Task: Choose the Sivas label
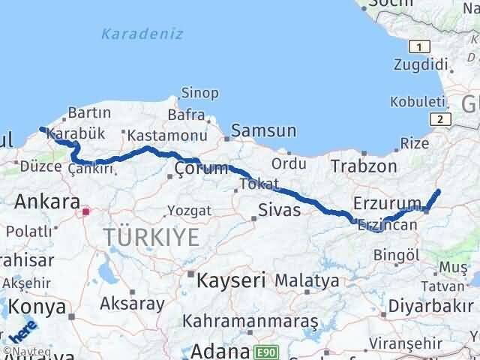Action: pyautogui.click(x=279, y=209)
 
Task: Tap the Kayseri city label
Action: pyautogui.click(x=231, y=281)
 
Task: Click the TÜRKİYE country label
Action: pyautogui.click(x=152, y=237)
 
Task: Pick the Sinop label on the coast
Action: pyautogui.click(x=199, y=93)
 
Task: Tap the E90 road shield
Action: pyautogui.click(x=264, y=351)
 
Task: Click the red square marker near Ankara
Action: pyautogui.click(x=85, y=211)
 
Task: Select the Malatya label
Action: pyautogui.click(x=307, y=281)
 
